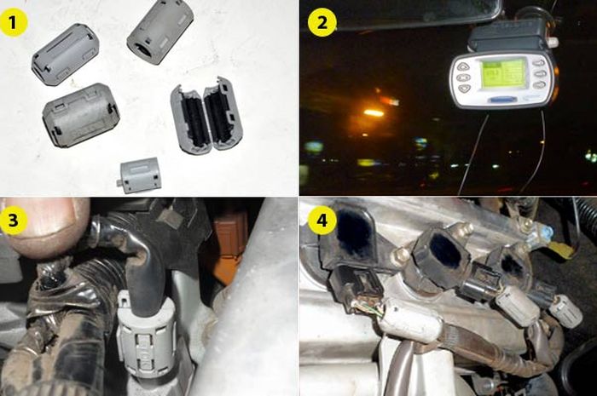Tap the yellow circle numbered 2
point(322,23)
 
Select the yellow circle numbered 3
point(16,220)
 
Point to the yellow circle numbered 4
point(322,220)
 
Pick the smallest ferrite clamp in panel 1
point(140,175)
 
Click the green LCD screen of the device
point(502,74)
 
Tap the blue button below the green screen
point(502,99)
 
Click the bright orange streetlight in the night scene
point(373,112)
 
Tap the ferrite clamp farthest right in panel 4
point(565,311)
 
